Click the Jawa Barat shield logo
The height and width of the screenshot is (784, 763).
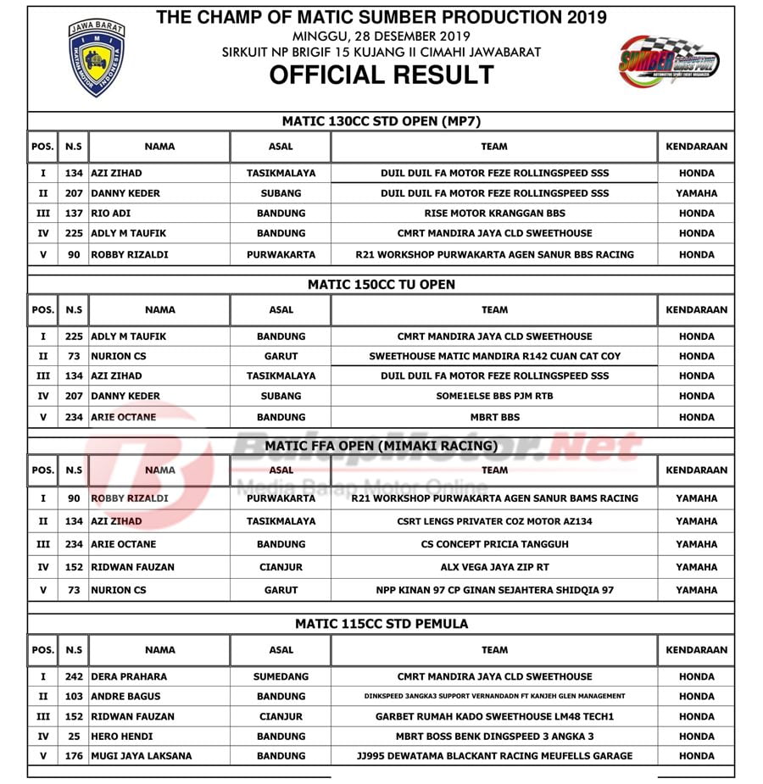(97, 58)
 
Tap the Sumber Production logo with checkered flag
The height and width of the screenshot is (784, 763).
(669, 62)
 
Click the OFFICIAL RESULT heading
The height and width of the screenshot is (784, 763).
(381, 75)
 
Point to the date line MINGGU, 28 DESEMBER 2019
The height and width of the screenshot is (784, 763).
(381, 36)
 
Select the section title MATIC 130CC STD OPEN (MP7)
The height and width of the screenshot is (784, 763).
(381, 121)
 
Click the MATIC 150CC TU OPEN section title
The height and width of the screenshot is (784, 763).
(381, 285)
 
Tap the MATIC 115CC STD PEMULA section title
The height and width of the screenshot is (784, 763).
(381, 624)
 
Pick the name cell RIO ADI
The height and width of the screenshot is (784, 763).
(111, 214)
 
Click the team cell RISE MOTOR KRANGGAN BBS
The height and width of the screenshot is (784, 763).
(494, 214)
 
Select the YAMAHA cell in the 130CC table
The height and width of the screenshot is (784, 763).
(696, 193)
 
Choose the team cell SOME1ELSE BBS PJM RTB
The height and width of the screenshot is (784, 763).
(494, 396)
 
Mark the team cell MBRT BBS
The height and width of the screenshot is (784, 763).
(494, 417)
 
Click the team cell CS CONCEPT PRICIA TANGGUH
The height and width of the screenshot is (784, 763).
(494, 544)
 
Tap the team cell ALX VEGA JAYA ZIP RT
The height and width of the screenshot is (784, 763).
(494, 567)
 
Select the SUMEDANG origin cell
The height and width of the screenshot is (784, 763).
(281, 676)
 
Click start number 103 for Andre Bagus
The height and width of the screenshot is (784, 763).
(74, 697)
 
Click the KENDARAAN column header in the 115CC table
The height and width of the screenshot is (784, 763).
(696, 650)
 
